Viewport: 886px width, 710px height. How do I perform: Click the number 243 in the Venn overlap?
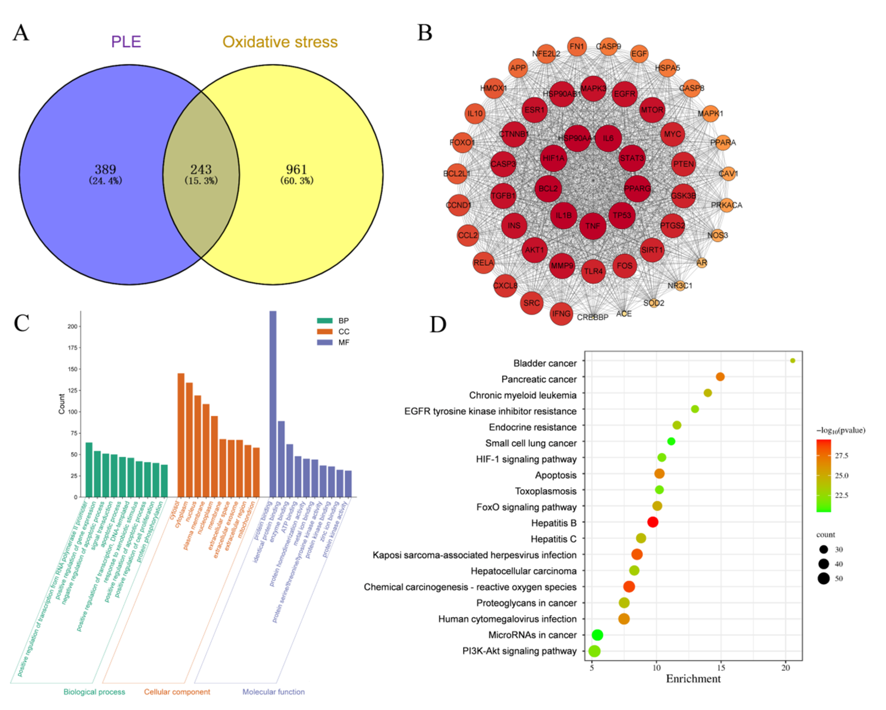(x=201, y=169)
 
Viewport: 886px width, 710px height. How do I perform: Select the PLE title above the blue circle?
(x=126, y=42)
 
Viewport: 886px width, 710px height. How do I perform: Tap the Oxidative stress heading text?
(x=280, y=42)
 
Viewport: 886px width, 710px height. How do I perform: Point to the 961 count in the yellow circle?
(x=296, y=169)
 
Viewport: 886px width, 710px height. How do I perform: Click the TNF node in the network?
(x=593, y=226)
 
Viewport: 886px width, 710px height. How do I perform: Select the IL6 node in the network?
(x=608, y=138)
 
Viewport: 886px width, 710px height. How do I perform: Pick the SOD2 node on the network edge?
(x=654, y=303)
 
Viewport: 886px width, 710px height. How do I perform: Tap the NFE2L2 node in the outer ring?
(x=546, y=54)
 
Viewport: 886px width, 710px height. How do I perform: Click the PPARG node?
(x=637, y=188)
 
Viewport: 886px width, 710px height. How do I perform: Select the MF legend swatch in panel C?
(x=325, y=342)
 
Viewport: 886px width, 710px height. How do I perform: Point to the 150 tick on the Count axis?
(x=72, y=369)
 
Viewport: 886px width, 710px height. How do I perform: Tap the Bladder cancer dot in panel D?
(x=793, y=360)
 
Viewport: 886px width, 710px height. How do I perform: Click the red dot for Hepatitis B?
(x=652, y=522)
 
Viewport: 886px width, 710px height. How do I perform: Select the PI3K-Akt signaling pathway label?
(x=520, y=651)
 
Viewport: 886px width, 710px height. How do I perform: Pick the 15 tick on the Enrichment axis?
(x=721, y=668)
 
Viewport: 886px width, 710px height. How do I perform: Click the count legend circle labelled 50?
(x=824, y=579)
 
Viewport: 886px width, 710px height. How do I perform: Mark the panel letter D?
(x=438, y=324)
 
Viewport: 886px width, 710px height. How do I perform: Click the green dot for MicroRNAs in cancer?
(x=597, y=635)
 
